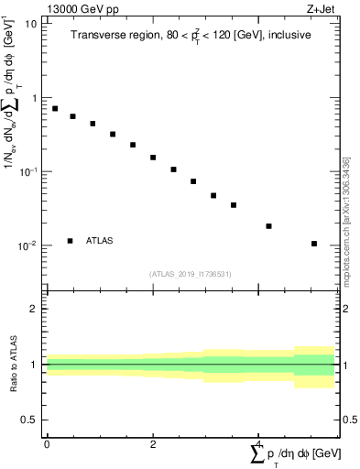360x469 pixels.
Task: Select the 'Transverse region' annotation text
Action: (x=191, y=36)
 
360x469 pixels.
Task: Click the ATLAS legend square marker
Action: (x=71, y=241)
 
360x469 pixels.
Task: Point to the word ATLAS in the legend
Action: (x=102, y=241)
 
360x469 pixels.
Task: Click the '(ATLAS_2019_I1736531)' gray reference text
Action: (x=191, y=274)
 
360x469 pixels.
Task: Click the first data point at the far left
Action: (x=55, y=108)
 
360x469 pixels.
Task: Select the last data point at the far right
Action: (x=314, y=244)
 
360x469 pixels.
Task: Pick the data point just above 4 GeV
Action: (x=268, y=226)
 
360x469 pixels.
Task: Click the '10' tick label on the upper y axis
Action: (x=30, y=24)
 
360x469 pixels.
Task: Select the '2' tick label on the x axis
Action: (x=152, y=445)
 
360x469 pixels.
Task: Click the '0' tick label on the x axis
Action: (x=46, y=445)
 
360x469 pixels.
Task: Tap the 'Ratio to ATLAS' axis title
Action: (x=14, y=365)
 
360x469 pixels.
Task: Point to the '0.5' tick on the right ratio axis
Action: (x=348, y=420)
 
